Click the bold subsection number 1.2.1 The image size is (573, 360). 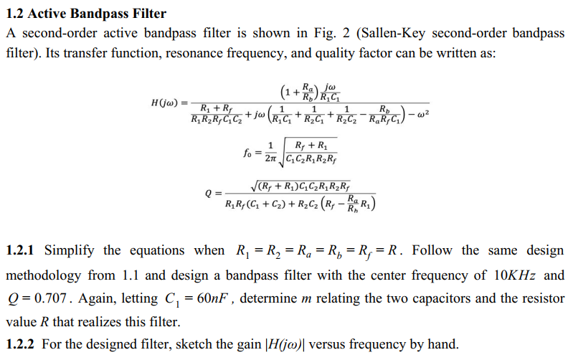pyautogui.click(x=21, y=251)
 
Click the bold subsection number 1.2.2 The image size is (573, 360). pyautogui.click(x=21, y=344)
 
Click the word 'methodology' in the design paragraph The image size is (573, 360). pyautogui.click(x=44, y=275)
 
